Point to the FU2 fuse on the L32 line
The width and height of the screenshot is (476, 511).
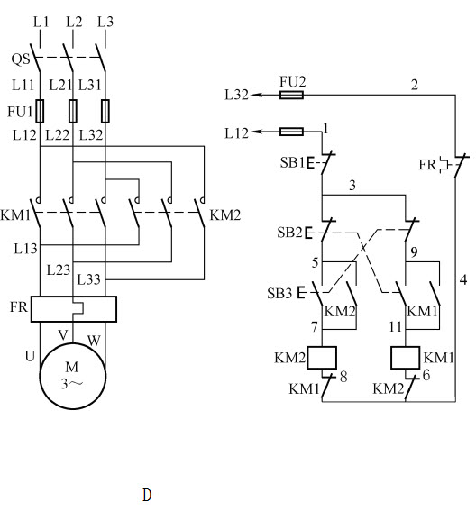(292, 95)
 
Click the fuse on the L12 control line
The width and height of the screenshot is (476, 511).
(292, 132)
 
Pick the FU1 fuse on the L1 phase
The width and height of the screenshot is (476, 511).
(40, 111)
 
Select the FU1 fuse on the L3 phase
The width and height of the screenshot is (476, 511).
(105, 111)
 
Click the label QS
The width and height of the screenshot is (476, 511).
(21, 59)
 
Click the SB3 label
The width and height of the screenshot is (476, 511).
(279, 293)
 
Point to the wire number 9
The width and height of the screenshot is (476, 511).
(414, 252)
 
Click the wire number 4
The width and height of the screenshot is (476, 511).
(463, 279)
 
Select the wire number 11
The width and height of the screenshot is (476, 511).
(396, 326)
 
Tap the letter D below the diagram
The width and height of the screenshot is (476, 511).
(147, 495)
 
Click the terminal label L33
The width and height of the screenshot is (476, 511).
(88, 279)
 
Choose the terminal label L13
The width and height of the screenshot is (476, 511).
(26, 249)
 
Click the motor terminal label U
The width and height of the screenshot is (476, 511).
(30, 356)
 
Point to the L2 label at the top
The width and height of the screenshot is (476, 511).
(74, 22)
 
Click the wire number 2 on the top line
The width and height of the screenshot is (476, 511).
(414, 85)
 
